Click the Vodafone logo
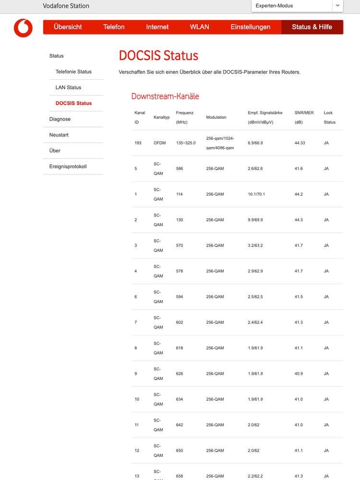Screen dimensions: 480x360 click(x=23, y=28)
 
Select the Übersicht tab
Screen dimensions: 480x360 click(x=68, y=27)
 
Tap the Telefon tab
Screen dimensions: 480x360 click(x=114, y=27)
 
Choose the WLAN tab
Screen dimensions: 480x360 click(x=200, y=27)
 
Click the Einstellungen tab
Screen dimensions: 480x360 click(x=251, y=27)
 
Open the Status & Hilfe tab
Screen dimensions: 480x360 click(x=312, y=27)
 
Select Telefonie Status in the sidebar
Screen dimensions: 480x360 click(x=73, y=72)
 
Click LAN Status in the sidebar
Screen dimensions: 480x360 click(x=68, y=87)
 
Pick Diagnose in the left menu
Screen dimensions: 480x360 click(x=60, y=119)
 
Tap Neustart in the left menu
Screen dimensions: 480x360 click(x=59, y=135)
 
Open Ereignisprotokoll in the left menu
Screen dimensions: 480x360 click(x=68, y=167)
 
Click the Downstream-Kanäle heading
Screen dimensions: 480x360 click(x=165, y=96)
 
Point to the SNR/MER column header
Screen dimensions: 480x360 click(x=304, y=113)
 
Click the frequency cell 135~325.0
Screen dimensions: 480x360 click(x=186, y=143)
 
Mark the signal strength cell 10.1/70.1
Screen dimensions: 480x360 click(x=256, y=194)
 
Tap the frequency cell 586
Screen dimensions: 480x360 click(x=180, y=169)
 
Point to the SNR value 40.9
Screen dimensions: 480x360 click(x=298, y=373)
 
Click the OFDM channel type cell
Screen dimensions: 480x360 click(x=159, y=143)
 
